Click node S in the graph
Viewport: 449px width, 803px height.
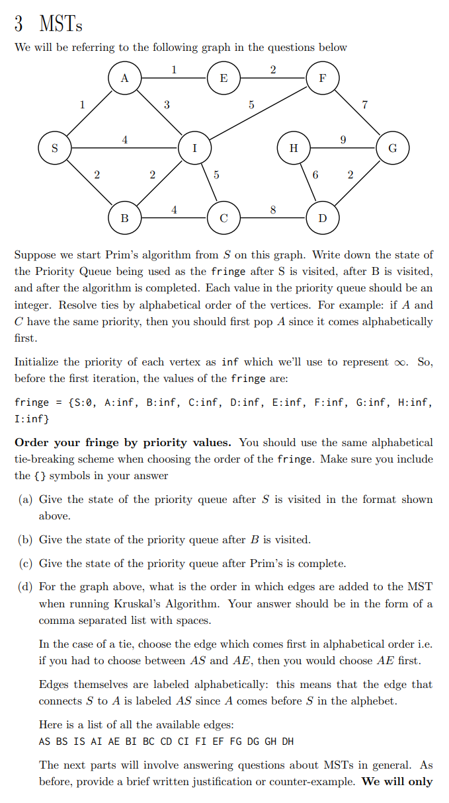click(x=54, y=147)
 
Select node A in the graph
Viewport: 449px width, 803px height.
click(x=124, y=78)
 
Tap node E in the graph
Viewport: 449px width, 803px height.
click(x=224, y=78)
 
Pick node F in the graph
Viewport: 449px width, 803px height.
click(x=322, y=78)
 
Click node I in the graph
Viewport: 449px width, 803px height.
click(x=194, y=147)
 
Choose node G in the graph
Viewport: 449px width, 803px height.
click(x=392, y=147)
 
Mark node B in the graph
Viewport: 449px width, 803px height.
click(x=124, y=217)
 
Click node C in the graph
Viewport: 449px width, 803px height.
click(x=224, y=217)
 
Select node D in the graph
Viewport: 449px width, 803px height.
click(x=322, y=217)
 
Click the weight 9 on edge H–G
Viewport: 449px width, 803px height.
click(x=342, y=139)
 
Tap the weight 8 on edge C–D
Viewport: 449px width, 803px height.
click(x=273, y=210)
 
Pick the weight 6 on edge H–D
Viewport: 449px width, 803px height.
click(x=315, y=175)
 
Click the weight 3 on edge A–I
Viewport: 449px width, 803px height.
click(x=167, y=104)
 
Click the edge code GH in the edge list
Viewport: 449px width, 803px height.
click(x=270, y=741)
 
